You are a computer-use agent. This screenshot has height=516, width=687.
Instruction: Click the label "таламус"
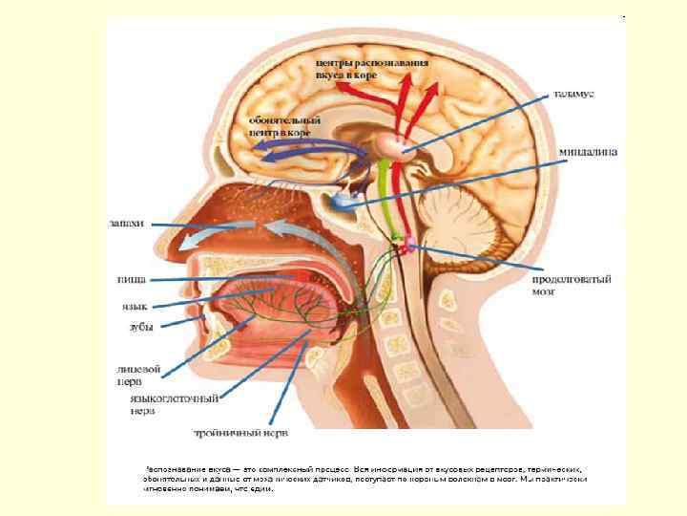(x=575, y=96)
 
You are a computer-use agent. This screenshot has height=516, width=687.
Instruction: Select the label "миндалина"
(x=585, y=151)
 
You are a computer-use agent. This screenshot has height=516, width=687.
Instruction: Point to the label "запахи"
(x=125, y=224)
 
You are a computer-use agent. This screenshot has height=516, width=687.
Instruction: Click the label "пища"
(x=131, y=279)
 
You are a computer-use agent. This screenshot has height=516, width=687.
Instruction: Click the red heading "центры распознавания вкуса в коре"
(x=372, y=68)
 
